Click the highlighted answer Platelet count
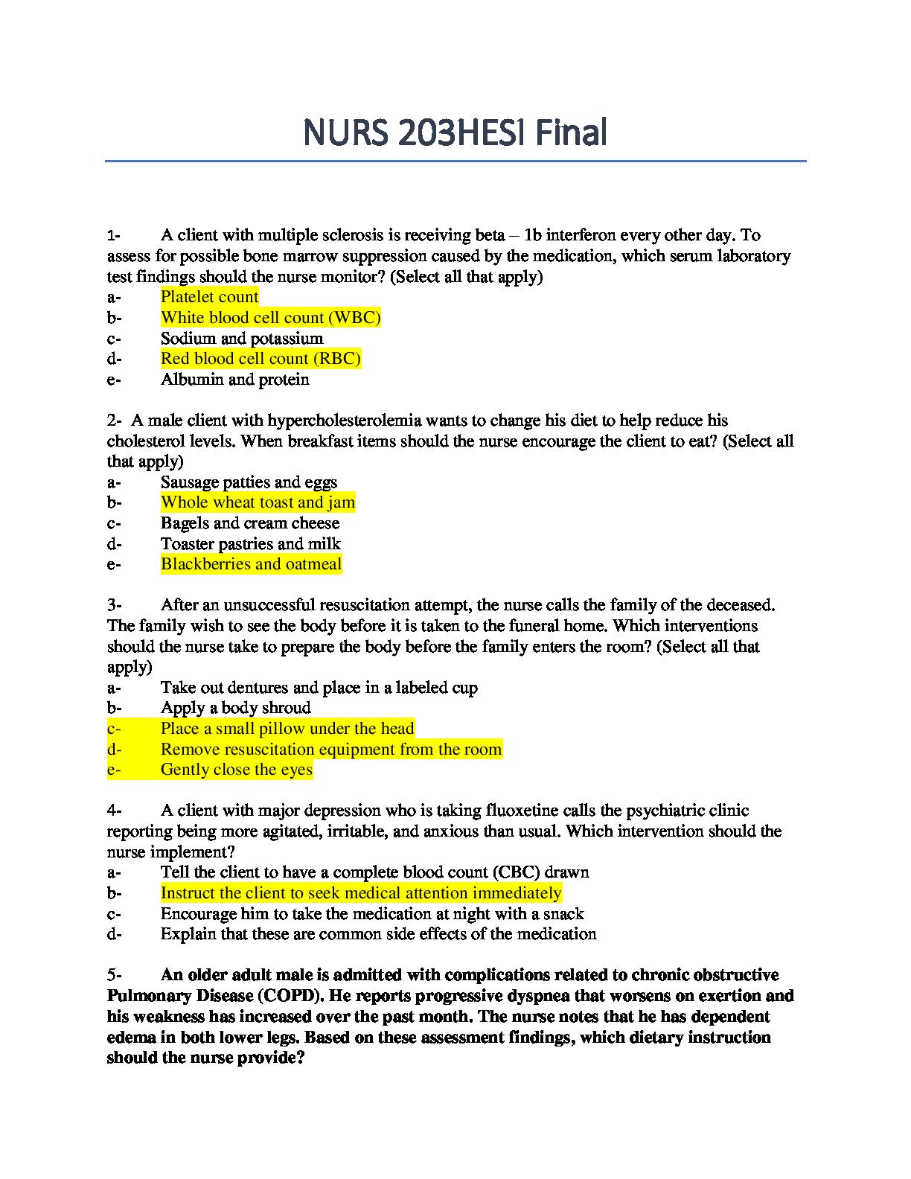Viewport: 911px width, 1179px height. click(209, 297)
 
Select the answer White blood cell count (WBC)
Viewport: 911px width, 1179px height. click(270, 318)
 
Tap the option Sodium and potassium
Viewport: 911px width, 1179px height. click(242, 339)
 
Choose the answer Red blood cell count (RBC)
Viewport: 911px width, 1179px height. click(260, 359)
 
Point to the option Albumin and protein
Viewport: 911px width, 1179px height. click(234, 380)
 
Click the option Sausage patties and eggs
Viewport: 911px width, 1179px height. click(249, 482)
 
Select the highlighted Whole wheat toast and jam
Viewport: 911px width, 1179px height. click(258, 502)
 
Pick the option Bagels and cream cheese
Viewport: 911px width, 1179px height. click(249, 523)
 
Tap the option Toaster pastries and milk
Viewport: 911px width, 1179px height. click(250, 544)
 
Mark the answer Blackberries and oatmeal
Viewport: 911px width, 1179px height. click(251, 564)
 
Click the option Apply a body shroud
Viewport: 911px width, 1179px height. click(235, 708)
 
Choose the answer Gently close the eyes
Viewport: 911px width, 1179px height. click(236, 770)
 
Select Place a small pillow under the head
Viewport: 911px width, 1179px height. click(287, 729)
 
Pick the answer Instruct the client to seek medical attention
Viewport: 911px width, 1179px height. click(360, 893)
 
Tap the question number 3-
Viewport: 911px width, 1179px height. click(114, 605)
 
